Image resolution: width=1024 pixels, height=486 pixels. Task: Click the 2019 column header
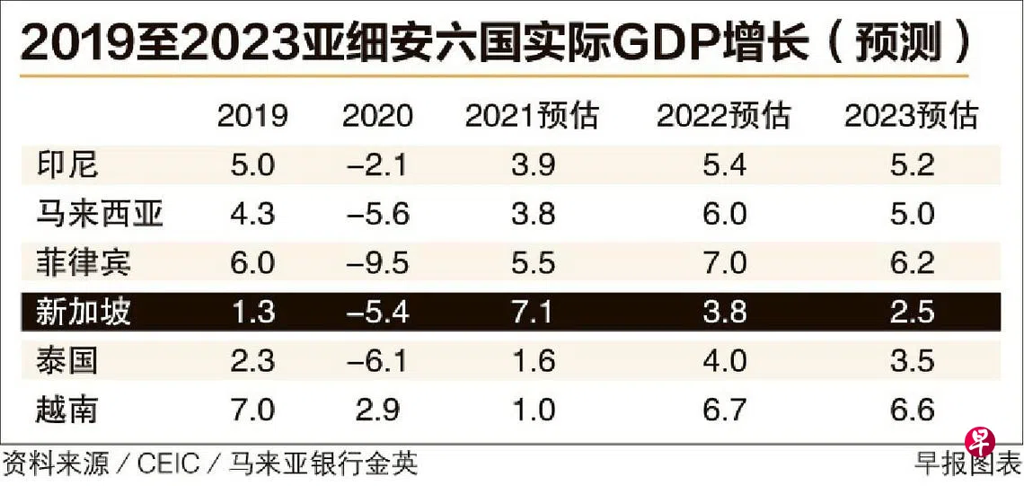coord(252,116)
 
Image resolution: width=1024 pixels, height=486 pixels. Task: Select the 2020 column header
coord(378,116)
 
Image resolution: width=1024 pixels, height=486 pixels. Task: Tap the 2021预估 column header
coord(531,116)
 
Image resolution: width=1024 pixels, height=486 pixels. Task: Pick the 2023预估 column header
coord(911,116)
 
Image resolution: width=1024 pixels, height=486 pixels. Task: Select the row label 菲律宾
coord(84,263)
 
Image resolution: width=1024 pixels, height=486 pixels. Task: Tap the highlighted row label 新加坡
coord(84,312)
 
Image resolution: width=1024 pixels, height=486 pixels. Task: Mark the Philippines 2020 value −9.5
coord(378,263)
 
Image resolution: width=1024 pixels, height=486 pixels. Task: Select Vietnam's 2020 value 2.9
coord(378,410)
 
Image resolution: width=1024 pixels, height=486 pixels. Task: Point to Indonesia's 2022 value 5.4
coord(724,165)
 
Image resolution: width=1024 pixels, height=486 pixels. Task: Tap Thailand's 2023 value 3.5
coord(911,361)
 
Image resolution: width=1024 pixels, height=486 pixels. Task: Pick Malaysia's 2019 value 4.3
coord(252,215)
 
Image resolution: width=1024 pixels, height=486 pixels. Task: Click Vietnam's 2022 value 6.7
coord(724,410)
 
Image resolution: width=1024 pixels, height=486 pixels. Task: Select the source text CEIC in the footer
coord(168,464)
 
